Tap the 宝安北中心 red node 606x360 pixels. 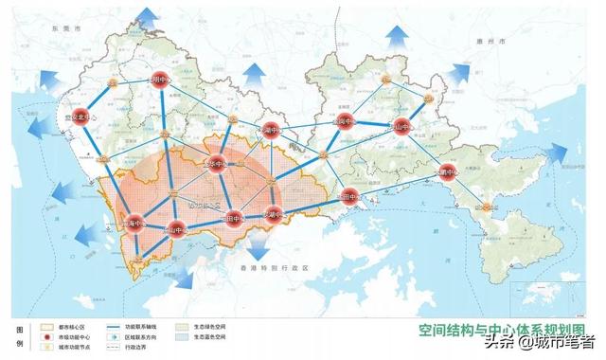[81, 117]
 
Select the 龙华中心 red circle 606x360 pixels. [219, 163]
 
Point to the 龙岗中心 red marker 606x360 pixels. [346, 122]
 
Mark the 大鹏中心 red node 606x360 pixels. [447, 171]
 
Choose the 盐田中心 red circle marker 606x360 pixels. [348, 198]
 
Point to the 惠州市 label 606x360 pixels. [493, 45]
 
